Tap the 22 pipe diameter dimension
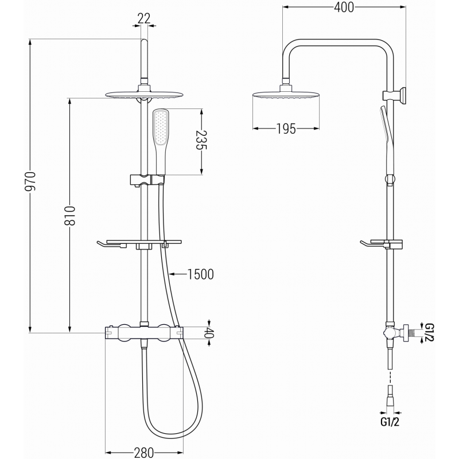coord(143,19)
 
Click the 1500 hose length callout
coord(200,274)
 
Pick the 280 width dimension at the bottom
coord(143,452)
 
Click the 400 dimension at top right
coord(344,7)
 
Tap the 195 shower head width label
coord(285,129)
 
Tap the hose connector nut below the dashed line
coord(390,396)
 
